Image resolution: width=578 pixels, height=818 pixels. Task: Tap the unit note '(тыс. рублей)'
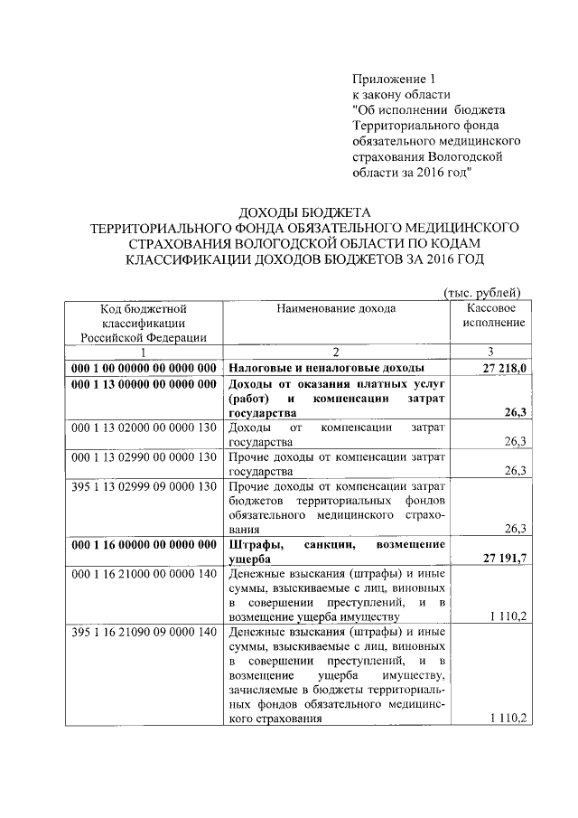pos(482,291)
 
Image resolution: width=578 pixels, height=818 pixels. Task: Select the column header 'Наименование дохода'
pos(336,308)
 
